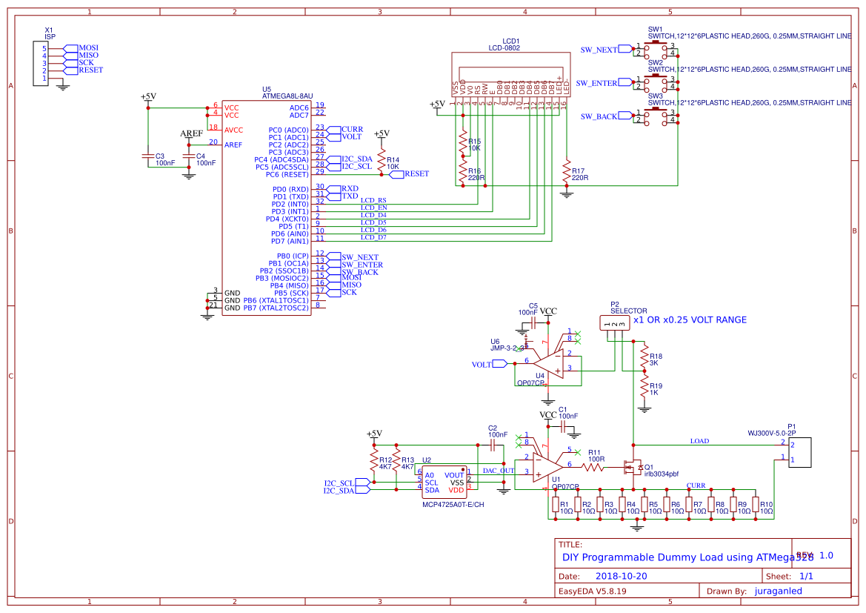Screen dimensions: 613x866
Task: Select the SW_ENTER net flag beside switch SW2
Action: coord(597,83)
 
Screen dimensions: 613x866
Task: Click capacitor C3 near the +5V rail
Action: coord(147,156)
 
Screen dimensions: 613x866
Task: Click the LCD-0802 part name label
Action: coord(504,48)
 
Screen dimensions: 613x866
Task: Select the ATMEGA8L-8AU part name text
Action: coord(287,96)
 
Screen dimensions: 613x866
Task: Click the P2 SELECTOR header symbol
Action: coord(613,322)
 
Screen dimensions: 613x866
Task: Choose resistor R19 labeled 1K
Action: coord(644,386)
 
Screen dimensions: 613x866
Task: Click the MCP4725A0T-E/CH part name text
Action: coord(453,505)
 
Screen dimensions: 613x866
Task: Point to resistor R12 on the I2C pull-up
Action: coord(375,460)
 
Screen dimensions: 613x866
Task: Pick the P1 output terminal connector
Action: coord(800,452)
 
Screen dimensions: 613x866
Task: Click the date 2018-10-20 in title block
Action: coord(621,576)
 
